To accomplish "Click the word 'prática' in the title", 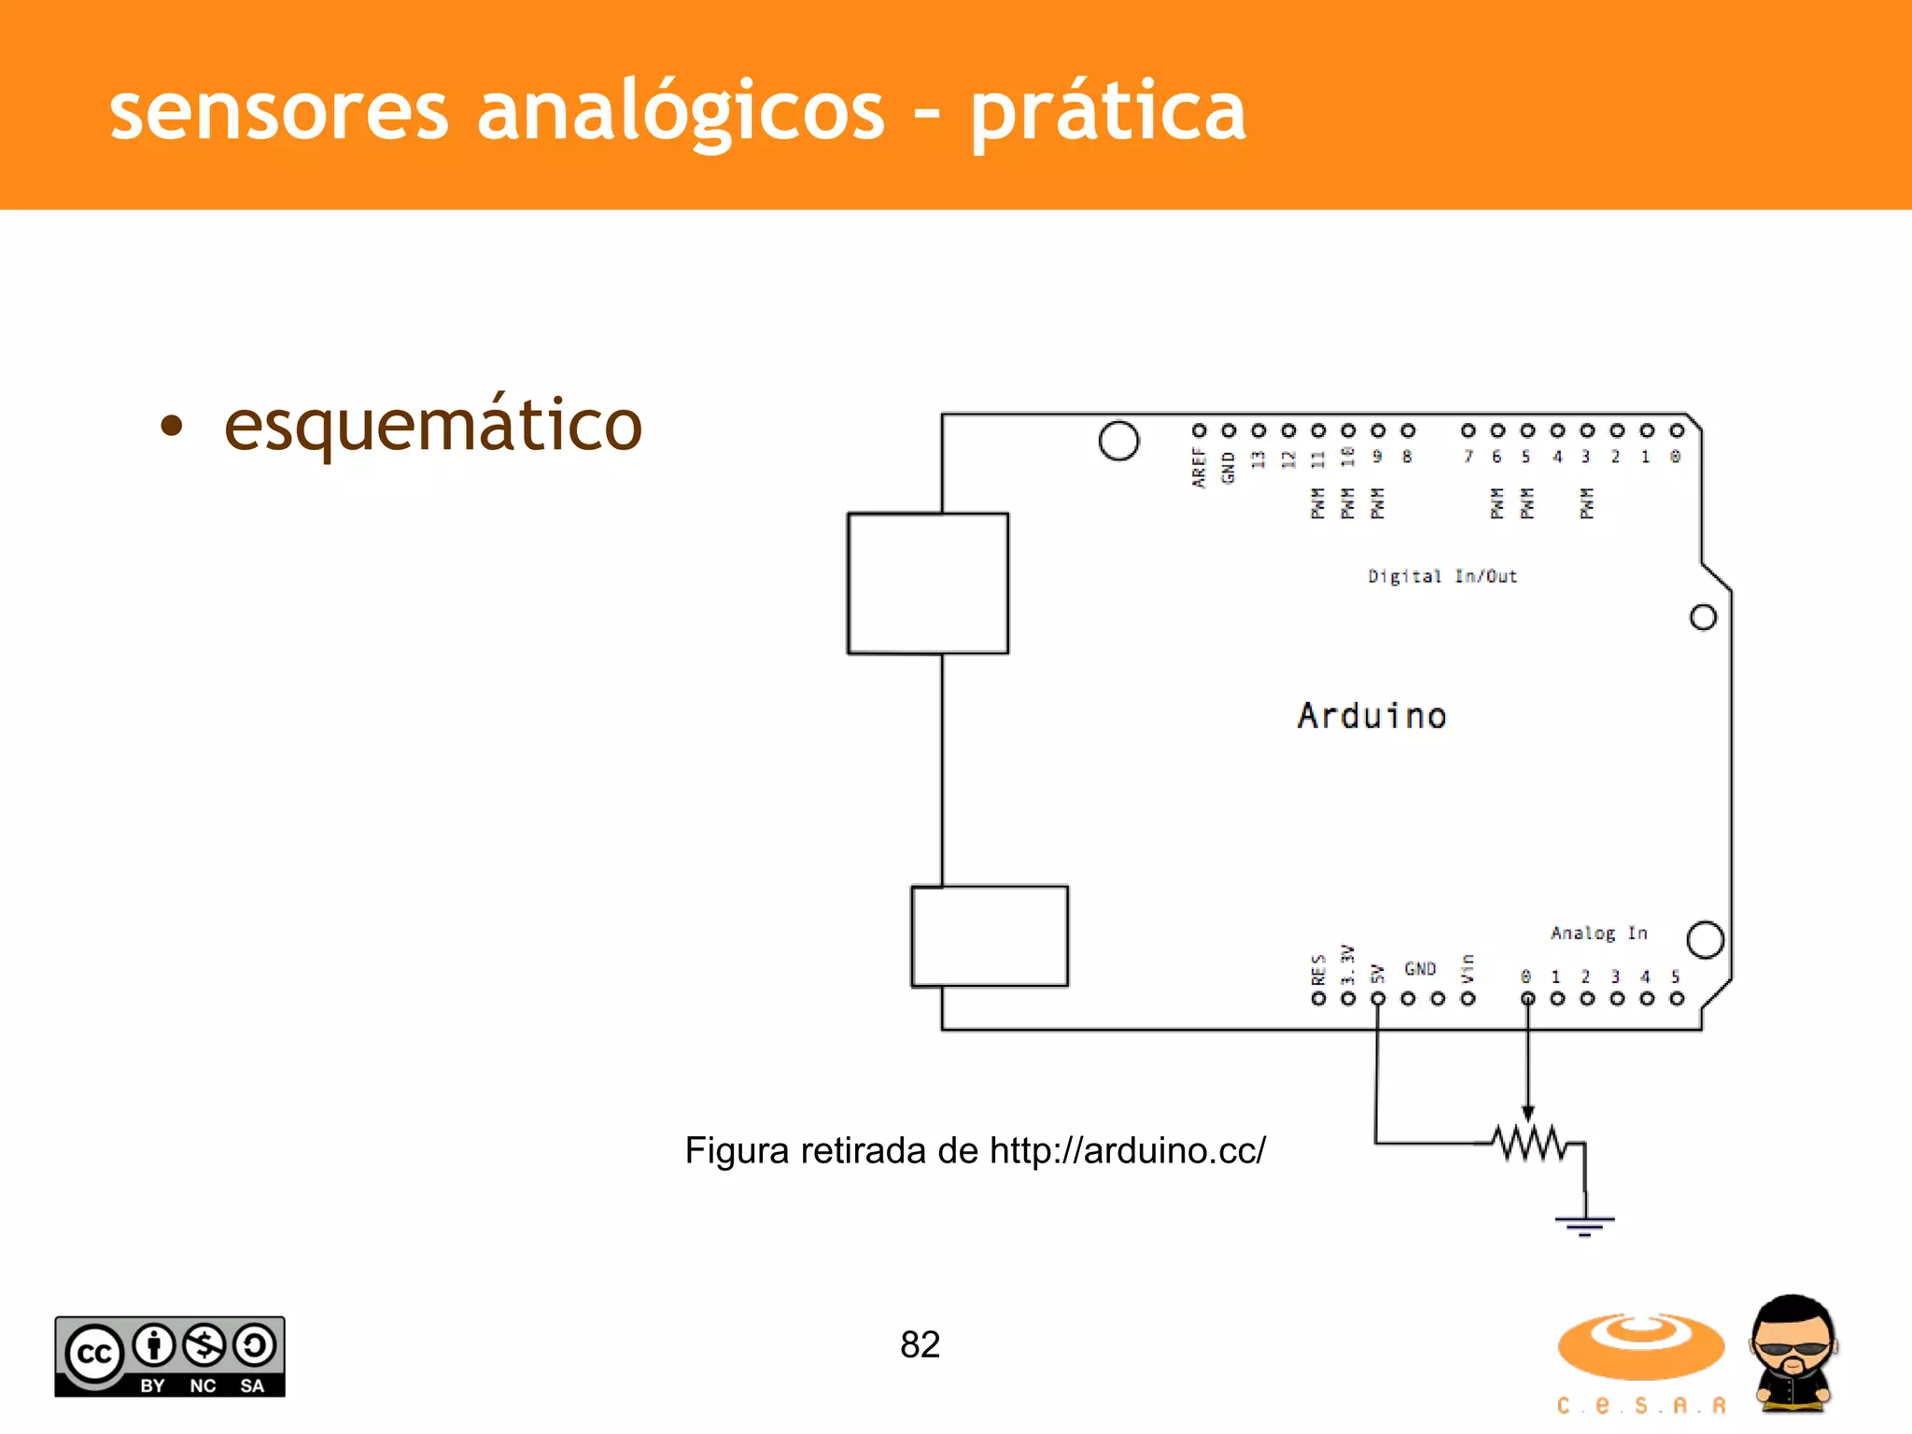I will (1108, 112).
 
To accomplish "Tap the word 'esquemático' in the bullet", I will (433, 425).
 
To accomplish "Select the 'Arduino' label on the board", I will (1371, 716).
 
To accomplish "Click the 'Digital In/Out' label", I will (1442, 576).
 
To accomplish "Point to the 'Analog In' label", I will (1598, 933).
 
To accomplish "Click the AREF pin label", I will (1199, 467).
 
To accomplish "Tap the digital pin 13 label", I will (1258, 458).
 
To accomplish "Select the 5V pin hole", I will (1378, 999).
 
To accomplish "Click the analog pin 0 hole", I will (1527, 999).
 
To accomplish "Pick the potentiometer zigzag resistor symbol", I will (1528, 1143).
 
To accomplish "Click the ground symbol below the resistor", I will (1584, 1223).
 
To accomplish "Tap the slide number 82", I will (920, 1344).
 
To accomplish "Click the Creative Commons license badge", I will (170, 1357).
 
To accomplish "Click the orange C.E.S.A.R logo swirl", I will (1640, 1345).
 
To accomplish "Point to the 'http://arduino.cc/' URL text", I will (1128, 1150).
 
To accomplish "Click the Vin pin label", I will (1468, 968).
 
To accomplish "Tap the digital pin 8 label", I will (1407, 457).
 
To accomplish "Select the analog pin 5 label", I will (1676, 977).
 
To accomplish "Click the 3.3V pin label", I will (1347, 964).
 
